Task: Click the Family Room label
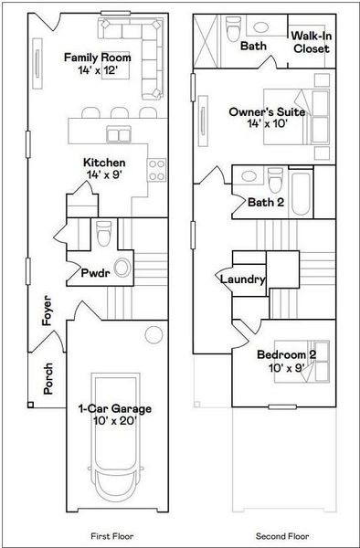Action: coord(96,64)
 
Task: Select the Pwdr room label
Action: coord(96,272)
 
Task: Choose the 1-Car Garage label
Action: coord(114,415)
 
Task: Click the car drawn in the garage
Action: coord(115,457)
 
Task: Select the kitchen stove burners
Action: coord(158,169)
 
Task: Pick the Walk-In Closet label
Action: coord(310,42)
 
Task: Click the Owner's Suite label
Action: coord(259,117)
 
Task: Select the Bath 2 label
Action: coord(266,202)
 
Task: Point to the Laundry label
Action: coord(243,280)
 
